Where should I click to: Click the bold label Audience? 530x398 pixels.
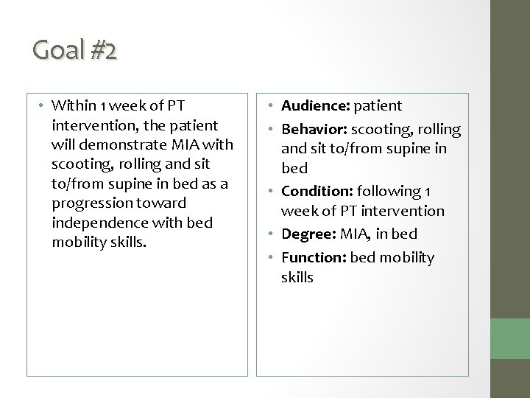point(314,105)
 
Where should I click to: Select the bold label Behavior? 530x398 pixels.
point(314,130)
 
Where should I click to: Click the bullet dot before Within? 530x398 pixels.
point(43,105)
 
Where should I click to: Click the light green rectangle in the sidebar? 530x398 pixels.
point(510,347)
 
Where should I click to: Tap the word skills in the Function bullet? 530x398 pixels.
point(296,277)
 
